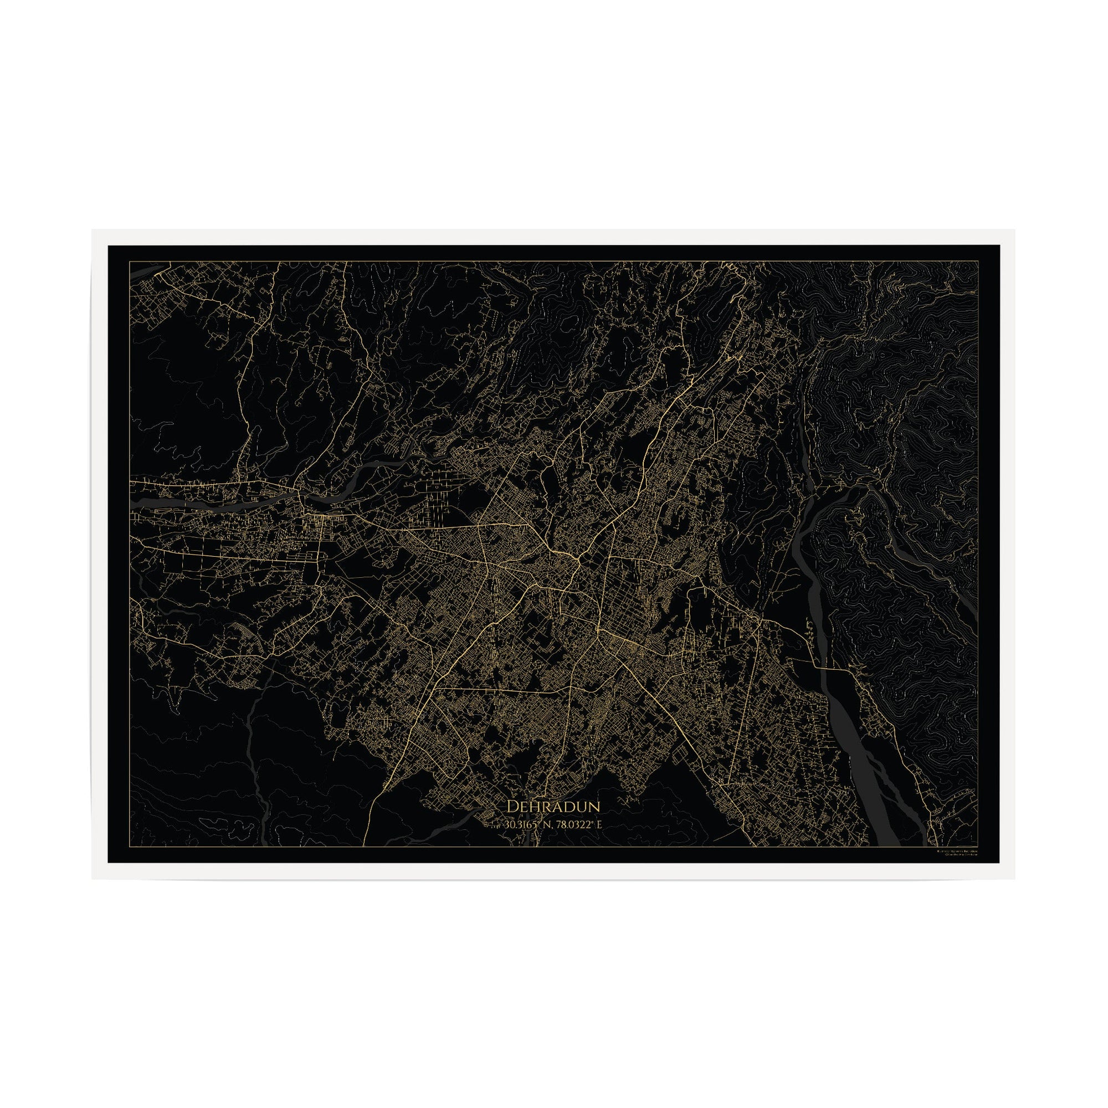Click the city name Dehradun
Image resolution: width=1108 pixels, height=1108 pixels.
click(553, 806)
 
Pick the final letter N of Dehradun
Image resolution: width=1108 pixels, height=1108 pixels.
click(594, 806)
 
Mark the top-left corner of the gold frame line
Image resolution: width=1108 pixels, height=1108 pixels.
click(130, 261)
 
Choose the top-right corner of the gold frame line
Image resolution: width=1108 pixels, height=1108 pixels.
click(978, 261)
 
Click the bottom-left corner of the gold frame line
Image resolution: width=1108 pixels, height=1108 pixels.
click(130, 847)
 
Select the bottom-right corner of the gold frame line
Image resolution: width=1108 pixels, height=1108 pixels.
click(978, 847)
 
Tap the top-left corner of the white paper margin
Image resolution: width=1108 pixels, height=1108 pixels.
click(93, 230)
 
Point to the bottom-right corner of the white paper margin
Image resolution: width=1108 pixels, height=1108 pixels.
click(1014, 879)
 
